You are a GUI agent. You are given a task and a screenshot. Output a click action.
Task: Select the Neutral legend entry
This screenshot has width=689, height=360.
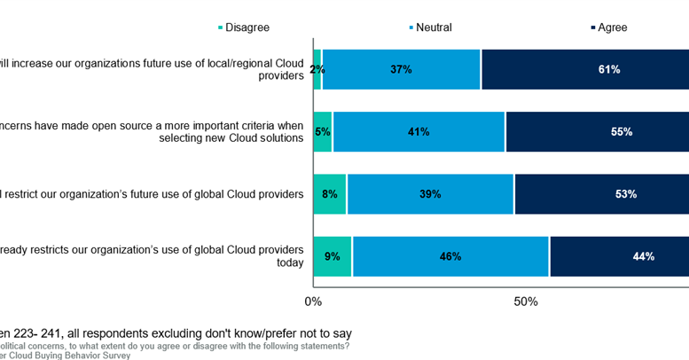click(430, 27)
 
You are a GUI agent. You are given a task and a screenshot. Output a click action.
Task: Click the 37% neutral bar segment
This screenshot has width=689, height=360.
click(401, 69)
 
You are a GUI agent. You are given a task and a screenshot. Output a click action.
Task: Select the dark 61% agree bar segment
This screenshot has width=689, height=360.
click(585, 69)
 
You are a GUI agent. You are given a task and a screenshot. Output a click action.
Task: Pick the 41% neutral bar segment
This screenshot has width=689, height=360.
click(419, 132)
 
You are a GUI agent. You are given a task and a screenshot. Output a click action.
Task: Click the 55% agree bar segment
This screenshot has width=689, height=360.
click(597, 132)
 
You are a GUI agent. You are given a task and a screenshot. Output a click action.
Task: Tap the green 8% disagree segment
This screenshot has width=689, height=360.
click(330, 194)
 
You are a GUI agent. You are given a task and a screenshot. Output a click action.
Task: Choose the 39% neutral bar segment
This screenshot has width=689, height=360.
click(430, 194)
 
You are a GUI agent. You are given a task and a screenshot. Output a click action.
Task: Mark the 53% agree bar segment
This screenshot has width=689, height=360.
click(601, 194)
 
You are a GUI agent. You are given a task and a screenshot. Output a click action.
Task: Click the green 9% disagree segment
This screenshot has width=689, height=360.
click(333, 257)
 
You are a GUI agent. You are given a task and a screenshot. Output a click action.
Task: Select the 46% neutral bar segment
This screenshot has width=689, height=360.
click(450, 257)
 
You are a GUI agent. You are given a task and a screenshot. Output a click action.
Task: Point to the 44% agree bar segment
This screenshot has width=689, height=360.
click(619, 257)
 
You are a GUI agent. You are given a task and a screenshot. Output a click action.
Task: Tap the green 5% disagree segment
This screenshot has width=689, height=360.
click(323, 132)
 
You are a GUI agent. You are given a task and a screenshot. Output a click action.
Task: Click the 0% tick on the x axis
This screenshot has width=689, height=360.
click(313, 301)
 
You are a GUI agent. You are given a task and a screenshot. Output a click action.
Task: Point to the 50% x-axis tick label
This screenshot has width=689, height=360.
click(526, 301)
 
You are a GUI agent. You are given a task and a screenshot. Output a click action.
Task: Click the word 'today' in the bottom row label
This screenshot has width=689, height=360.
click(288, 262)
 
